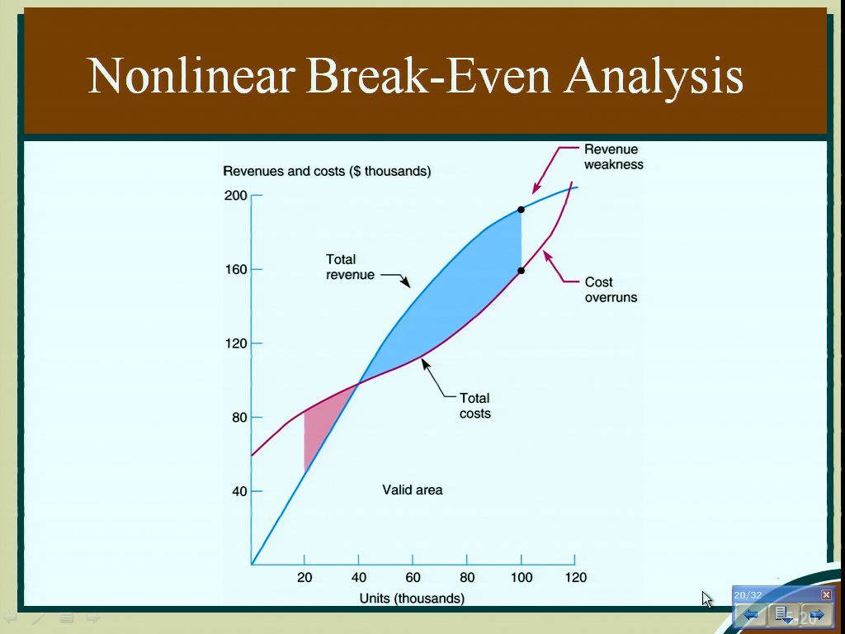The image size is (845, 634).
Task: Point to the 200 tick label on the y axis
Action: [x=235, y=195]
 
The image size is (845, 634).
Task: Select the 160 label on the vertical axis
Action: [x=235, y=269]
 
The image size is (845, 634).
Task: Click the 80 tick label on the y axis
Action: [x=240, y=417]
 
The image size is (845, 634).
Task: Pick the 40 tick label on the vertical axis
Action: [x=240, y=491]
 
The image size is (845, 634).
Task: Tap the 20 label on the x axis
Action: [x=304, y=577]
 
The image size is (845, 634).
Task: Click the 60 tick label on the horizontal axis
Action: [x=413, y=577]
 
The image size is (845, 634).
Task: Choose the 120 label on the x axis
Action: [x=575, y=577]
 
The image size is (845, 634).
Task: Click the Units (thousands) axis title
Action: [x=413, y=599]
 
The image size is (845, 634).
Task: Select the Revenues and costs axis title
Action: [x=327, y=172]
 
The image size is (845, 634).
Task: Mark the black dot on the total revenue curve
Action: [x=522, y=209]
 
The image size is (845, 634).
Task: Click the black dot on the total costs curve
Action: [x=522, y=271]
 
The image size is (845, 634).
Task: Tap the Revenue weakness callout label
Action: [x=614, y=157]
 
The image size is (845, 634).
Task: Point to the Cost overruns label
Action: [x=611, y=290]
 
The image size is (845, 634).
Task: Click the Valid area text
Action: [x=413, y=490]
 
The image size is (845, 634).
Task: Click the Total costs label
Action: [x=474, y=406]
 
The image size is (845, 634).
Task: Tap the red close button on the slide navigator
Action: [x=826, y=594]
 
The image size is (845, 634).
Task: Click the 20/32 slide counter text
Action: [x=748, y=595]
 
